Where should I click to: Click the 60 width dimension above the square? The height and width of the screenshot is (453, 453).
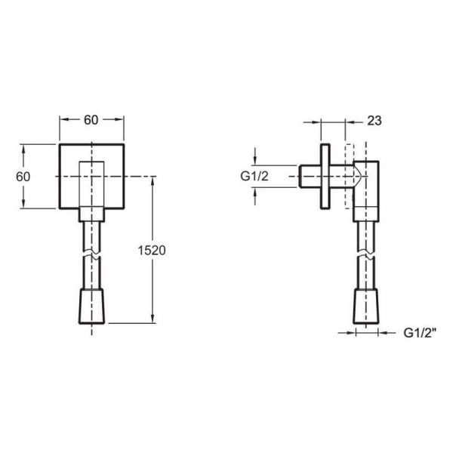click(91, 120)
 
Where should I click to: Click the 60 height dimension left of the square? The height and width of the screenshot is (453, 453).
click(23, 177)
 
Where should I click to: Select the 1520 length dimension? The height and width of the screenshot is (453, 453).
click(152, 251)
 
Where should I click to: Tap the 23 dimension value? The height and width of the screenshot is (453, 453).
click(374, 121)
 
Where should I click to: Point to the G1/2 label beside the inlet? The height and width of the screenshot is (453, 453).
click(254, 176)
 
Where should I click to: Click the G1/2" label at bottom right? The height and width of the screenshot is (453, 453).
click(420, 333)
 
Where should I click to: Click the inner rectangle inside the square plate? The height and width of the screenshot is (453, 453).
click(91, 184)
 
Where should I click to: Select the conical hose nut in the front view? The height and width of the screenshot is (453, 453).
click(91, 307)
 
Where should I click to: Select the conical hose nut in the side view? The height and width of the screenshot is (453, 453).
click(365, 307)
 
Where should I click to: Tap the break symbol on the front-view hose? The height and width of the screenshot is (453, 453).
click(91, 254)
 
